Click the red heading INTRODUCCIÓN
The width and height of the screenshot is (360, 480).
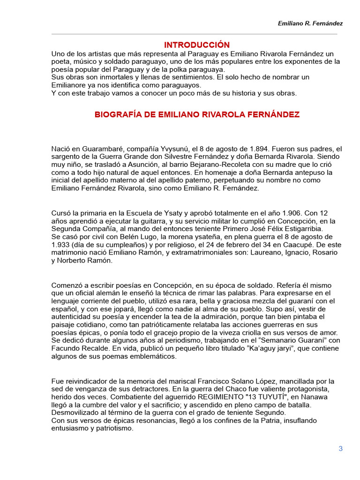(197, 45)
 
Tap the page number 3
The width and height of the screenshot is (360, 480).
(341, 449)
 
